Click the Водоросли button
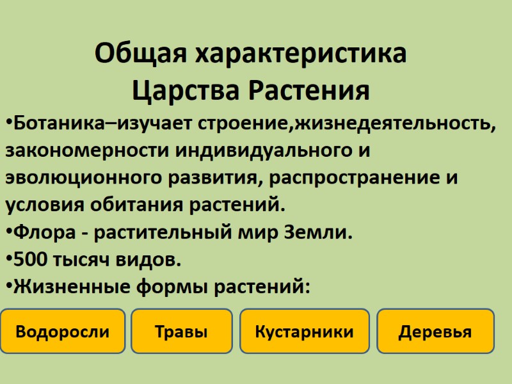pos(63,332)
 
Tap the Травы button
pos(181,332)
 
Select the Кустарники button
pos(304,332)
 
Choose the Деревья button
pos(435,332)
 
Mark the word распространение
pos(348,177)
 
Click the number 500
pos(28,259)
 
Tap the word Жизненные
pos(68,287)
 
